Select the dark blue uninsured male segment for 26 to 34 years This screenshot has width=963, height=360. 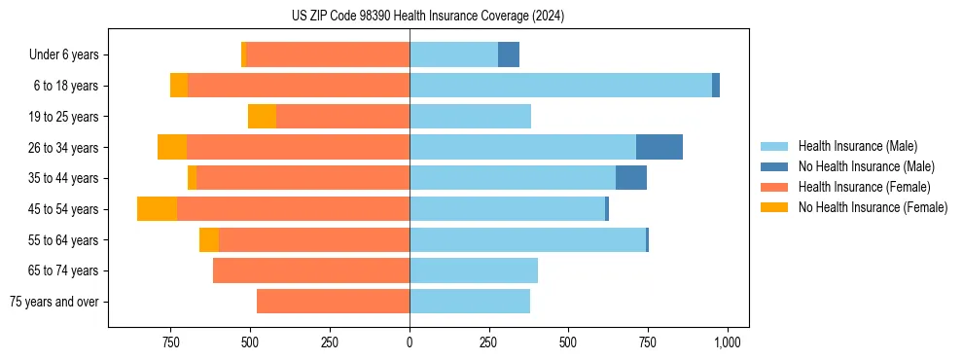pyautogui.click(x=659, y=147)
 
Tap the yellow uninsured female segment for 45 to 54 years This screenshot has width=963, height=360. pyautogui.click(x=157, y=209)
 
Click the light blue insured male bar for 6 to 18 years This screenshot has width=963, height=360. pyautogui.click(x=560, y=86)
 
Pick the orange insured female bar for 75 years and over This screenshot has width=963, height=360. pyautogui.click(x=333, y=302)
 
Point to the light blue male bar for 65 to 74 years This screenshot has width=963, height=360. pyautogui.click(x=474, y=270)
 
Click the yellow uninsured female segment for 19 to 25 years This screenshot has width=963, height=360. pyautogui.click(x=262, y=117)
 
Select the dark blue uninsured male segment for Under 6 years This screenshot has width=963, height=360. pyautogui.click(x=508, y=54)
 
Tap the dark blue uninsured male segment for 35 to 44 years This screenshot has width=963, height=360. pyautogui.click(x=630, y=178)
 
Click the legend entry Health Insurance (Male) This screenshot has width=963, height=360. pyautogui.click(x=857, y=146)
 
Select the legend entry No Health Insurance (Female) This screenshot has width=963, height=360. pyautogui.click(x=873, y=207)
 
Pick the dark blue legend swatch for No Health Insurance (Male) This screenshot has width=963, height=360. pyautogui.click(x=774, y=166)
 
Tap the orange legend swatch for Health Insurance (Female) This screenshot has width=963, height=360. pyautogui.click(x=774, y=187)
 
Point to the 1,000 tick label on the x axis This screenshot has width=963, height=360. pyautogui.click(x=728, y=342)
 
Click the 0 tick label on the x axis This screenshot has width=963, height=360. pyautogui.click(x=410, y=342)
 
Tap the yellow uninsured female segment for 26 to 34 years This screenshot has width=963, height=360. pyautogui.click(x=172, y=147)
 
